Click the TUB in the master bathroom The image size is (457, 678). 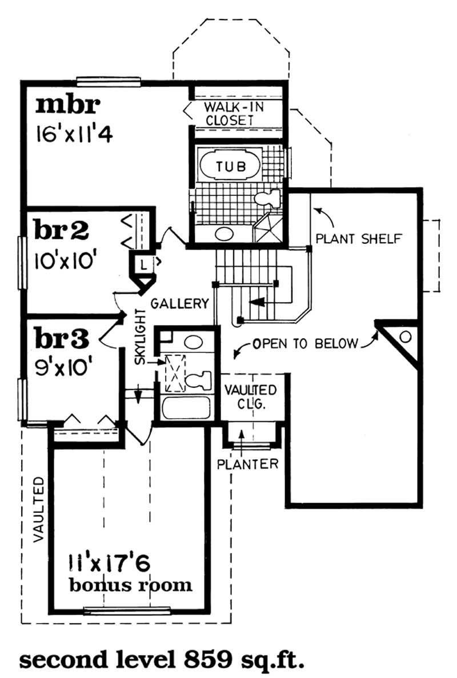click(231, 166)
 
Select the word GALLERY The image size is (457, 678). click(180, 303)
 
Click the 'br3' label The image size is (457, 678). click(62, 338)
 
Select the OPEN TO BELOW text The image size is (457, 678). click(306, 344)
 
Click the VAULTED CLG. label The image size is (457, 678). click(250, 396)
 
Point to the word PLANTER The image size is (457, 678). click(247, 463)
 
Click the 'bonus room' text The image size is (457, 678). click(130, 585)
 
